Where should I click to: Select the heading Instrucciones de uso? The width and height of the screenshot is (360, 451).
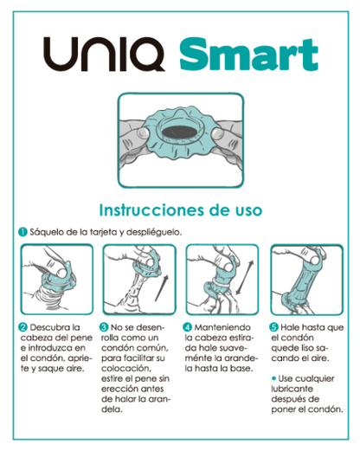click(181, 210)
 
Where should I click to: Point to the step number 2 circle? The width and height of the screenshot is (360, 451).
click(22, 327)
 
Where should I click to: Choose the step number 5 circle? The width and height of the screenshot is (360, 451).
click(273, 327)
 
